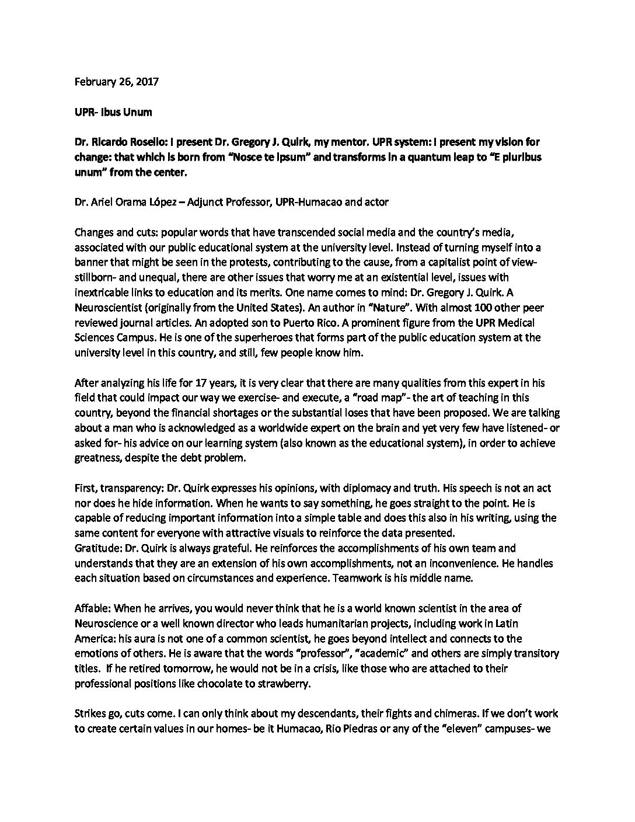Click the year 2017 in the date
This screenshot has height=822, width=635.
tap(148, 82)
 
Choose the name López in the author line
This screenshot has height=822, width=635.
tap(170, 201)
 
